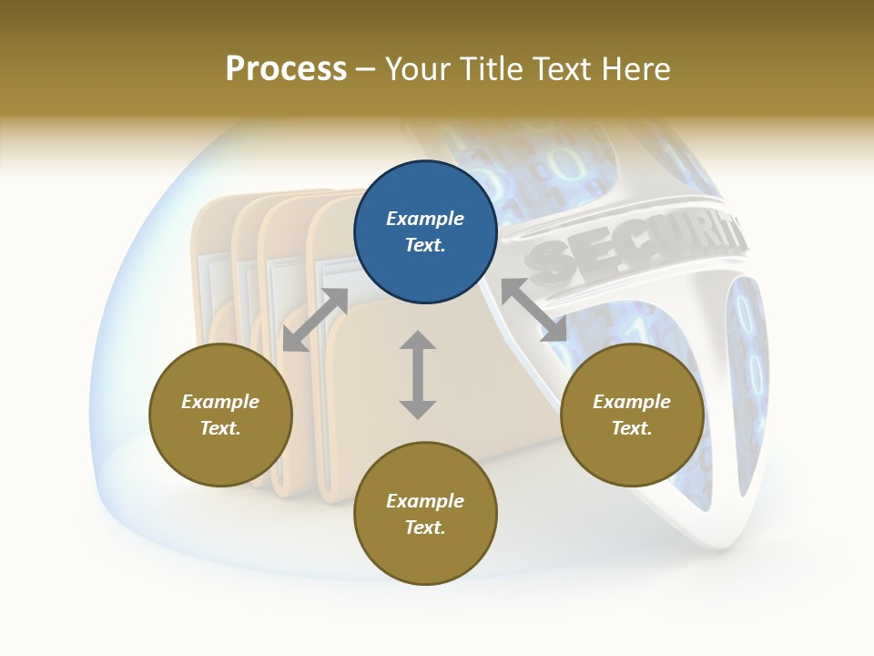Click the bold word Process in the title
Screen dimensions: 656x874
pyautogui.click(x=286, y=69)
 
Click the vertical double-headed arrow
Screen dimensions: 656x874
pyautogui.click(x=418, y=374)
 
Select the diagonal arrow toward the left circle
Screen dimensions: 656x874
pyautogui.click(x=315, y=320)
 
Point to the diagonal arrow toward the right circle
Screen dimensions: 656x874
pyautogui.click(x=534, y=311)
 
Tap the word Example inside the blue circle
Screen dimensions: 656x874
pyautogui.click(x=425, y=219)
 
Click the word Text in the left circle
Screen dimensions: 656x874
pyautogui.click(x=220, y=428)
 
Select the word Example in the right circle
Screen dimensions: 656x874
pyautogui.click(x=632, y=402)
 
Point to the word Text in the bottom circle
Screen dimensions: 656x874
pyautogui.click(x=425, y=528)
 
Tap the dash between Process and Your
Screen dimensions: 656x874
pyautogui.click(x=366, y=69)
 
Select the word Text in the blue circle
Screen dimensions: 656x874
pyautogui.click(x=425, y=245)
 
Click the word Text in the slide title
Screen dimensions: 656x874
pyautogui.click(x=564, y=69)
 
